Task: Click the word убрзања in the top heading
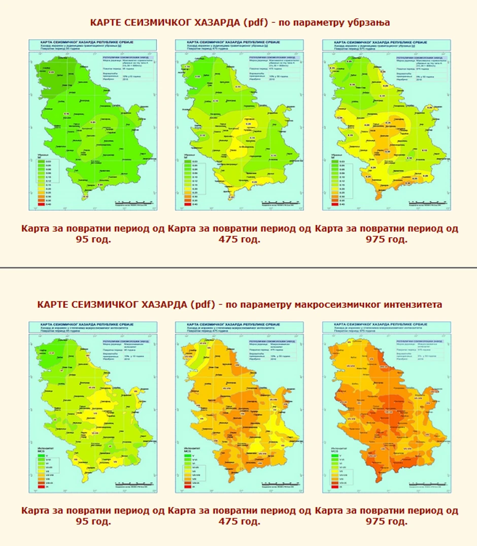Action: (367, 23)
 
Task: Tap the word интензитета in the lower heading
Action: (412, 304)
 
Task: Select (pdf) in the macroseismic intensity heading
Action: (202, 304)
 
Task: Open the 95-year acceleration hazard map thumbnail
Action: (93, 125)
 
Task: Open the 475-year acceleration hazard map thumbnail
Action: (239, 125)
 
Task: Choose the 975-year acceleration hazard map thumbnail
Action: (386, 125)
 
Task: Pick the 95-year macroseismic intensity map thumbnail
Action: (93, 407)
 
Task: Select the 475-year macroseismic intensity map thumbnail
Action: (239, 407)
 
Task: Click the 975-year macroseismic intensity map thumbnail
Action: (386, 407)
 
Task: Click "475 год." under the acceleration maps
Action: (239, 239)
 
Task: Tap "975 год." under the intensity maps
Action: (386, 521)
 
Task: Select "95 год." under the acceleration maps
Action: (93, 239)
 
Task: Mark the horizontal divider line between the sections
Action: (238, 267)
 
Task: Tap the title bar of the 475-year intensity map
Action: (239, 328)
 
